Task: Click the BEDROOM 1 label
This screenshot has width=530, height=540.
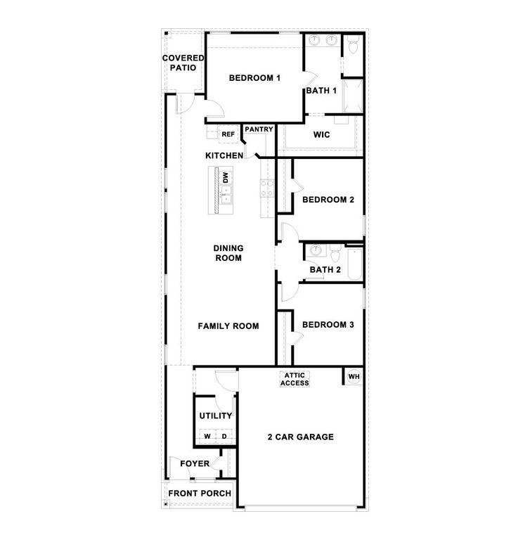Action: [x=254, y=78]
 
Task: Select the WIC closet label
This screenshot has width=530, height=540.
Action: [x=321, y=135]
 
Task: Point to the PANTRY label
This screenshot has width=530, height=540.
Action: [x=259, y=129]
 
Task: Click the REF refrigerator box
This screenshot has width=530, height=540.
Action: [x=228, y=134]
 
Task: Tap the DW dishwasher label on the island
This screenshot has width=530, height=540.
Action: [x=226, y=178]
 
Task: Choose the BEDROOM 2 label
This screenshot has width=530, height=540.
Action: [x=328, y=200]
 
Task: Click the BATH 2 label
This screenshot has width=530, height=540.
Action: [x=325, y=269]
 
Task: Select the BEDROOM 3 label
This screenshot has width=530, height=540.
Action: [x=328, y=325]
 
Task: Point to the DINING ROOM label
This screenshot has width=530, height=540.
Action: [x=228, y=253]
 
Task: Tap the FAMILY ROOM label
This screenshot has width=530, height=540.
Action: [x=228, y=326]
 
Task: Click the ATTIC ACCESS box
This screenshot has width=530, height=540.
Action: [x=295, y=379]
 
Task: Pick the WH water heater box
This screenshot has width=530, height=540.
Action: [x=354, y=377]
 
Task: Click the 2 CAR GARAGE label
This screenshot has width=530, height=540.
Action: [x=300, y=437]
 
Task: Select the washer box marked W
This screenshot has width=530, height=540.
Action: [x=207, y=437]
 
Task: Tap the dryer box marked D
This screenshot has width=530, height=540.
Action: [x=224, y=437]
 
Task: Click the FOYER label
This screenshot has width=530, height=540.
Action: [x=195, y=464]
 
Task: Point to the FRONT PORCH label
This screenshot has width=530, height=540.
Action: [x=200, y=494]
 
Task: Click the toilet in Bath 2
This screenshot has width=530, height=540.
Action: [x=335, y=252]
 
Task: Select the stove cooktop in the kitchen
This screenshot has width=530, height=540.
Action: [x=267, y=188]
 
